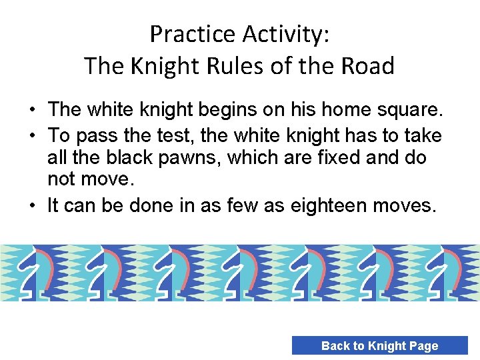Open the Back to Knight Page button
tap(379, 345)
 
